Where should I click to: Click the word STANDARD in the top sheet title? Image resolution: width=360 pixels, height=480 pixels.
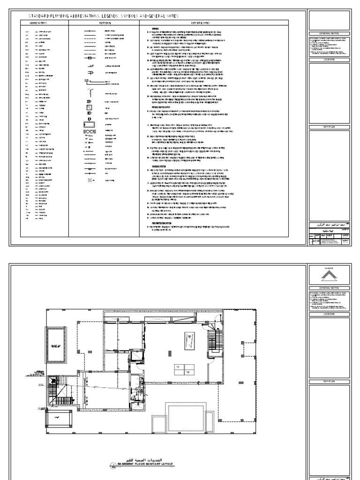39,16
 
